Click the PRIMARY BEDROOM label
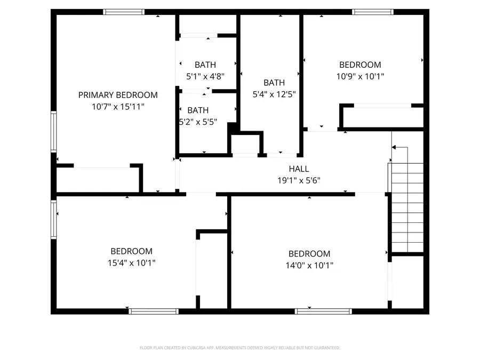point(118,95)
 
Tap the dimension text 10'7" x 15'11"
point(118,107)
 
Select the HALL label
point(299,169)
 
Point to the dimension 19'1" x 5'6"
point(299,180)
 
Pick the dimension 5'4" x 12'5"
point(274,94)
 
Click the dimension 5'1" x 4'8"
point(205,76)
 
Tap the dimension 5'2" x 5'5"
point(198,122)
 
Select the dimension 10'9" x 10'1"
point(360,76)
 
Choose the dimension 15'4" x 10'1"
point(131,262)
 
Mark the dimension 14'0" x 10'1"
point(309,265)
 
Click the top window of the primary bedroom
point(124,12)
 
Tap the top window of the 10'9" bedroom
point(373,12)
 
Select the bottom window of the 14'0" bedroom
point(323,311)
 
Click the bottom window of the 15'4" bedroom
point(154,311)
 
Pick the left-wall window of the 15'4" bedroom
point(53,219)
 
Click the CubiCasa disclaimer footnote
point(239,348)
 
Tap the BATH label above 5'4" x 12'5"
point(274,83)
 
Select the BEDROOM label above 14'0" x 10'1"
point(309,254)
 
